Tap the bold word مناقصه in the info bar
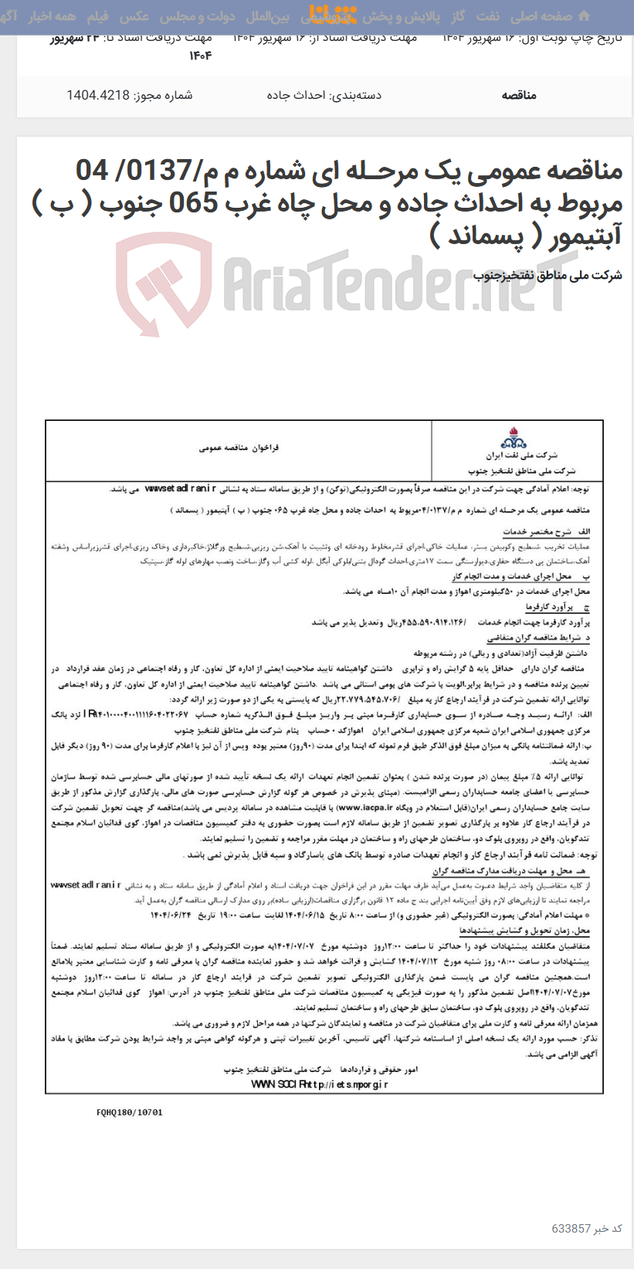tap(518, 95)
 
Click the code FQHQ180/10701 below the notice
tap(130, 1112)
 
